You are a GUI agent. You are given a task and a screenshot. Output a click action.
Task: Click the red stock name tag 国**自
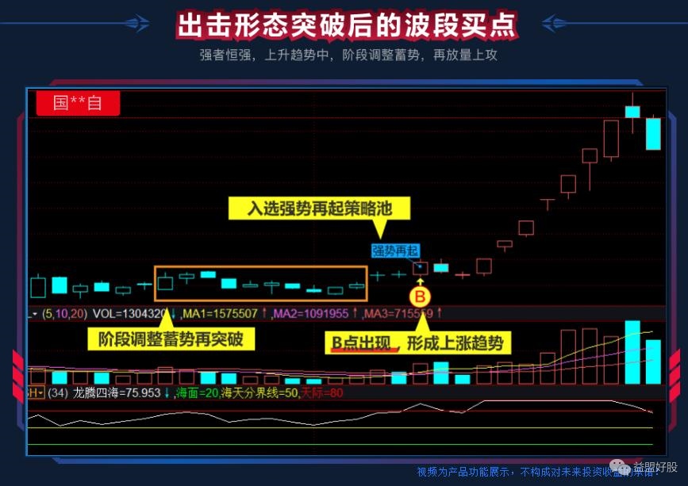(78, 103)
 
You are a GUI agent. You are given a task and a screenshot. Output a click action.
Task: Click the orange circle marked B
(421, 297)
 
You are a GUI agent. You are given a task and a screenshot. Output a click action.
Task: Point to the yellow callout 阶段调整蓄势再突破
(171, 341)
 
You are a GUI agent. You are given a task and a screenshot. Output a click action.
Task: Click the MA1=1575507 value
(218, 314)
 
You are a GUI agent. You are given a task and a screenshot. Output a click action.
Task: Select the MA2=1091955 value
(311, 314)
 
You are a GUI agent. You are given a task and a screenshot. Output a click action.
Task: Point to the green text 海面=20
(197, 392)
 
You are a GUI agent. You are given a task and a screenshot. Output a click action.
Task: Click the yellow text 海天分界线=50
(259, 392)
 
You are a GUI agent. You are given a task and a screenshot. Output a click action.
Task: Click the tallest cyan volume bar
(632, 352)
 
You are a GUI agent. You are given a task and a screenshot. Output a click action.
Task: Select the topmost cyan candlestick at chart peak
(632, 111)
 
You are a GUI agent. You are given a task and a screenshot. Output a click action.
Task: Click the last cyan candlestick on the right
(653, 133)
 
